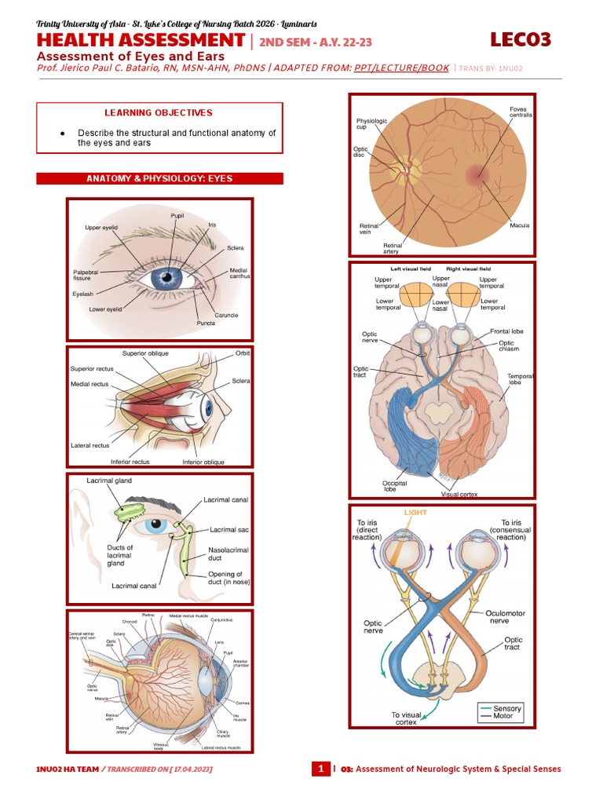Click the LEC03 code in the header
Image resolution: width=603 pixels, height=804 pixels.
pos(521,40)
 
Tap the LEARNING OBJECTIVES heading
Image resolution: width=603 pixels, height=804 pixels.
pos(159,113)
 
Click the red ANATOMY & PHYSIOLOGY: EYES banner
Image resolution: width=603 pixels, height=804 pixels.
pos(159,179)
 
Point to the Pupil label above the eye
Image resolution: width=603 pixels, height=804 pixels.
pos(177,215)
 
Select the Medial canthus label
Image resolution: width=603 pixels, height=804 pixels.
pos(239,274)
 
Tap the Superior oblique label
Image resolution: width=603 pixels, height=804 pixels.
pos(145,353)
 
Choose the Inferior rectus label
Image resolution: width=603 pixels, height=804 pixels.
pos(130,462)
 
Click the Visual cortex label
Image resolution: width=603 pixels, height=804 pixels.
pos(461,495)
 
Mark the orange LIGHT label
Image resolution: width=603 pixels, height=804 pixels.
pos(415,513)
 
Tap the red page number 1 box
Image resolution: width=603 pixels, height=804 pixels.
pos(320,769)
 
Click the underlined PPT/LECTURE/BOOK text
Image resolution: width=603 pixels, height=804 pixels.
pos(401,68)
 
